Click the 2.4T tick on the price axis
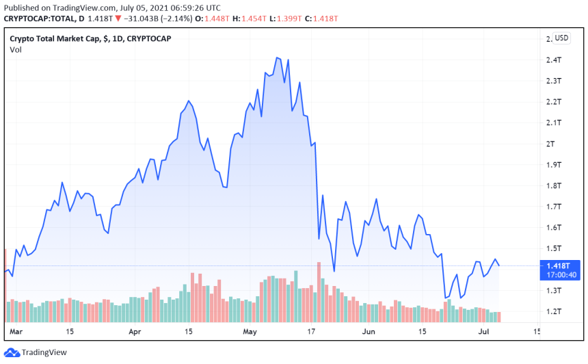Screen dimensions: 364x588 tap(554, 60)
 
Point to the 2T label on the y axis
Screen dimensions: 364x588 tap(551, 144)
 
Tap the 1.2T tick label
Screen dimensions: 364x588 tap(554, 311)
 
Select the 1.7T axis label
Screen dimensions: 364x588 tap(554, 207)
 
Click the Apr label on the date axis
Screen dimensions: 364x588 tap(135, 332)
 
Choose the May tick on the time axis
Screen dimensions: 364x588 tap(250, 332)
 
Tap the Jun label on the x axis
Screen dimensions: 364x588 tap(369, 332)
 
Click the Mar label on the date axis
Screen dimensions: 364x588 tap(15, 332)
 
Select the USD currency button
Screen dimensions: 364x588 tap(561, 38)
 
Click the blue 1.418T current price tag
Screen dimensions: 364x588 tap(561, 265)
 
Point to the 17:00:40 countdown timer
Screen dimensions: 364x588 tap(561, 275)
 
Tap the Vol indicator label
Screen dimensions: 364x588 tap(15, 50)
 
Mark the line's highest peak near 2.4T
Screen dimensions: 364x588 tap(277, 58)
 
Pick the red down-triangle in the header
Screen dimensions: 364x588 tap(119, 18)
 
